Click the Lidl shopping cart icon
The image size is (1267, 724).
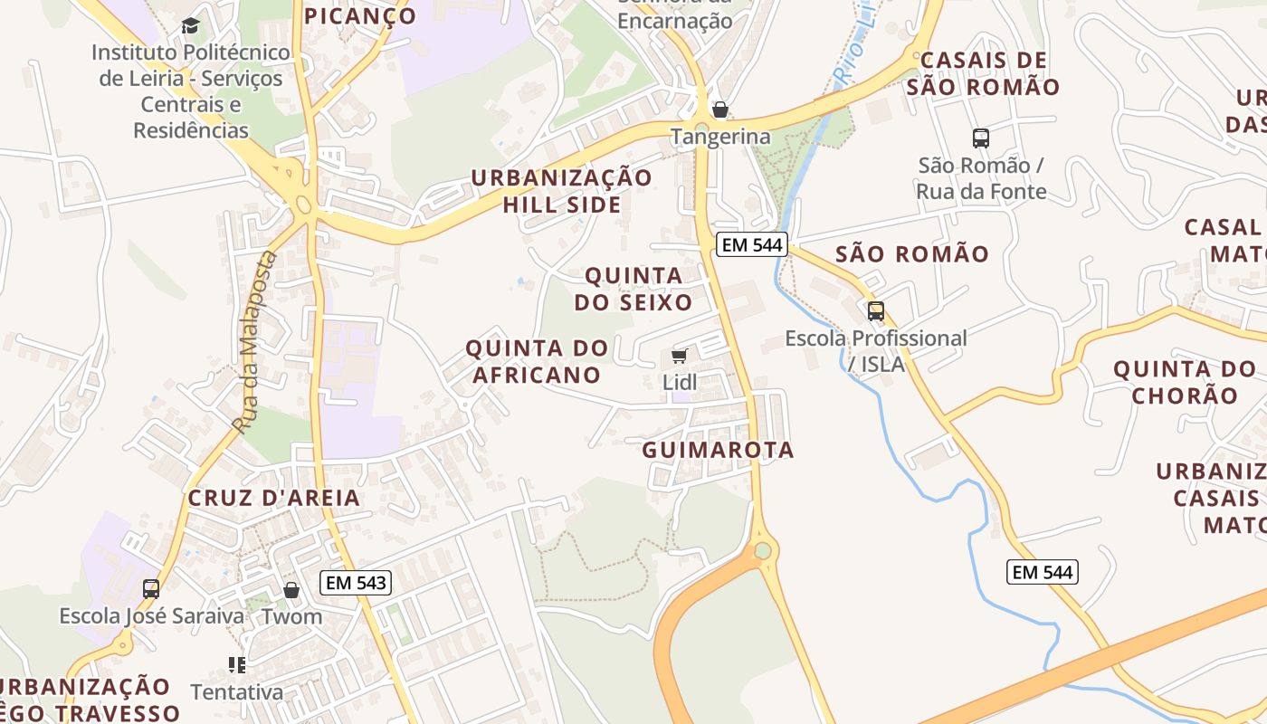(x=680, y=356)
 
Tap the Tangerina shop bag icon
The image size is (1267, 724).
(x=720, y=110)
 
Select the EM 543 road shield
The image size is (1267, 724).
(x=357, y=583)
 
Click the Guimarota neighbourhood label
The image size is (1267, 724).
(x=718, y=450)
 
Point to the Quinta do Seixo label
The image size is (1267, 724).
(x=633, y=289)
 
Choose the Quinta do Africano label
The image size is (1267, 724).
(x=537, y=361)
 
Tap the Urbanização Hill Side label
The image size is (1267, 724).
(x=562, y=191)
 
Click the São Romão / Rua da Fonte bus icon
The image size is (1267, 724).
(x=981, y=138)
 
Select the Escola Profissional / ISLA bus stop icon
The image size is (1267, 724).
(x=876, y=311)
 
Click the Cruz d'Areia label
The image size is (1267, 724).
(x=274, y=498)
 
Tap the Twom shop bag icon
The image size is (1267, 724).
(x=291, y=590)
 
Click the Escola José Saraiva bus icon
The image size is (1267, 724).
(x=151, y=589)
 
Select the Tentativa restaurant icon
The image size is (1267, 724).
(x=237, y=665)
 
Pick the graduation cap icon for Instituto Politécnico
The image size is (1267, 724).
(x=190, y=25)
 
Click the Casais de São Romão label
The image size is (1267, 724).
(x=982, y=74)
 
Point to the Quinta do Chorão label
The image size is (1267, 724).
(x=1185, y=382)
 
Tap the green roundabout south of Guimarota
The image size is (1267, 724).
(x=763, y=550)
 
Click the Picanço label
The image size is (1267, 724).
(x=360, y=15)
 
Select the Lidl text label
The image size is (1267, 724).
(x=680, y=383)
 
